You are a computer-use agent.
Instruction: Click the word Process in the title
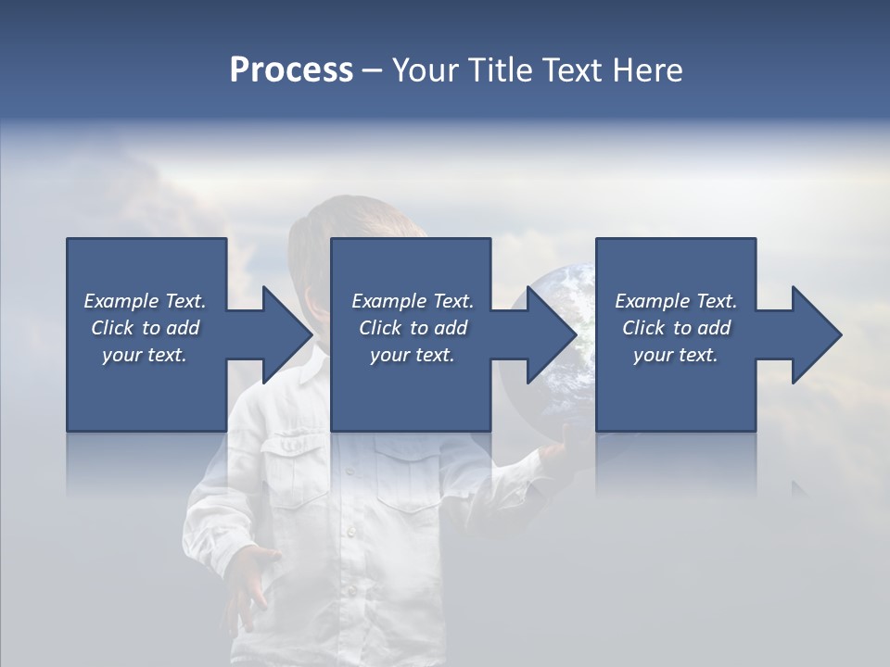coord(291,70)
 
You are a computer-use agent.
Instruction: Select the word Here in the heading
coord(648,70)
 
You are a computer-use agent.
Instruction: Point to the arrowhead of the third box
coord(815,334)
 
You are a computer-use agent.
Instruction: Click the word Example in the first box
coord(121,301)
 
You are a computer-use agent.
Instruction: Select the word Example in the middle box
coord(388,301)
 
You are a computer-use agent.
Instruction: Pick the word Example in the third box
coord(652,301)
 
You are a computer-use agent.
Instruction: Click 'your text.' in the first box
coord(145,355)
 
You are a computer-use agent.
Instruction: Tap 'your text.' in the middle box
coord(413,355)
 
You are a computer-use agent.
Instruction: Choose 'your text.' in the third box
coord(676,355)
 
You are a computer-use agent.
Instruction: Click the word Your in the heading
coord(425,70)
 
